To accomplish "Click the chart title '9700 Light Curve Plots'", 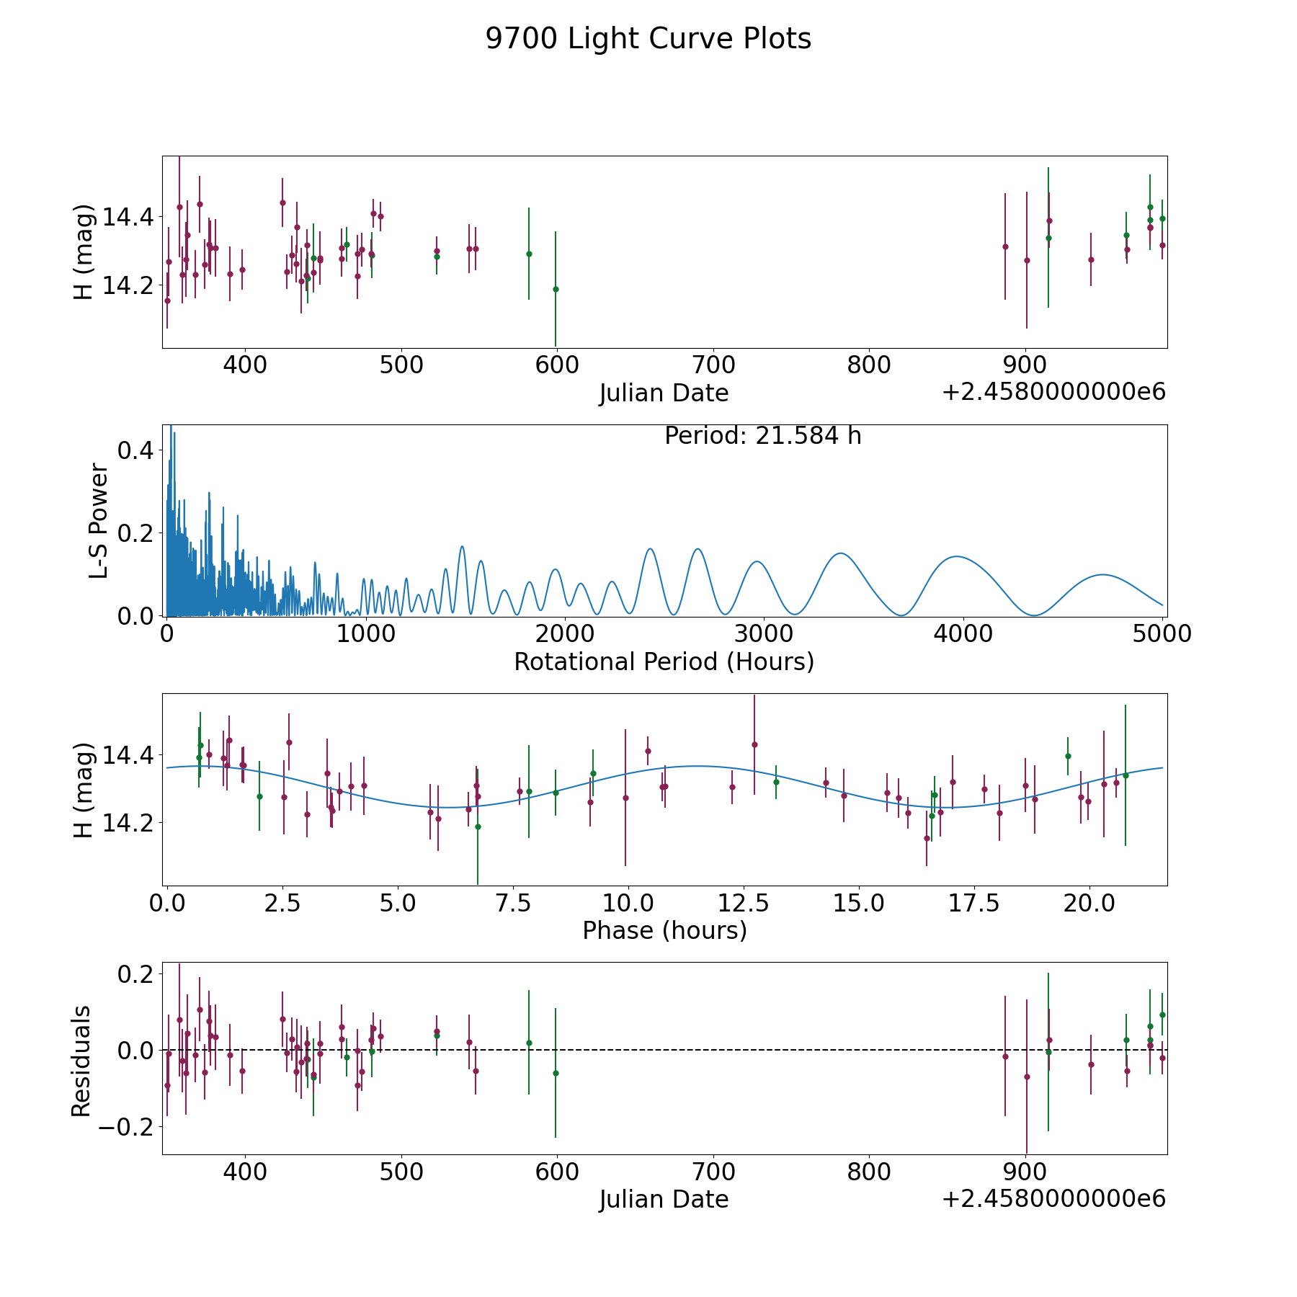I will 648,39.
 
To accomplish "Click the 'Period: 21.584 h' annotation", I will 762,436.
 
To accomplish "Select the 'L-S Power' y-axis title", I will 99,520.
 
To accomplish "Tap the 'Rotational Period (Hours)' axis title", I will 664,661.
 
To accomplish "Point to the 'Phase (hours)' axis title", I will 664,930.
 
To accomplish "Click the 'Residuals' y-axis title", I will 81,1060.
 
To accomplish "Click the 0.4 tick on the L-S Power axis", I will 135,450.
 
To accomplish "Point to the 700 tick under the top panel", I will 713,365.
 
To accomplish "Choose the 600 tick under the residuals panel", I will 556,1172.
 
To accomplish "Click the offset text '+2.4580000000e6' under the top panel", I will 1053,392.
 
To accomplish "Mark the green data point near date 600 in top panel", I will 556,289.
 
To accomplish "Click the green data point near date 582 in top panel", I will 529,254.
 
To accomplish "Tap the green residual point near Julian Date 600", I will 556,1073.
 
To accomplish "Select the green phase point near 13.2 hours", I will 776,782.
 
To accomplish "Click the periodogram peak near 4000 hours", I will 957,556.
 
